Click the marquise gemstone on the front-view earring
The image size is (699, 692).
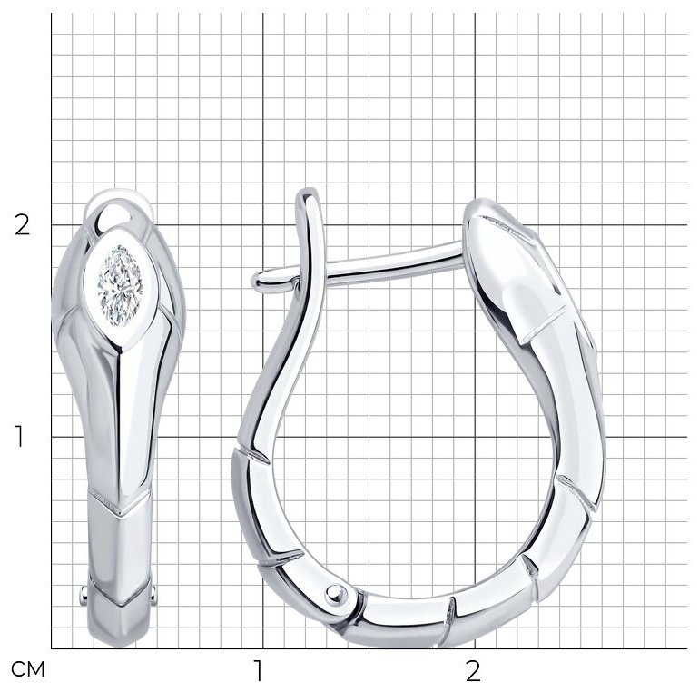120,285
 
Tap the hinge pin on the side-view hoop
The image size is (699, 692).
336,594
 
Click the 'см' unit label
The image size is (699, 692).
28,668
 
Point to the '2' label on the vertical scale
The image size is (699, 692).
23,224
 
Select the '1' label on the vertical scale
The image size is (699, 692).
19,436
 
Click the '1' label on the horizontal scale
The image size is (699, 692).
259,670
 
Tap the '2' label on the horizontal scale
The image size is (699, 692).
473,670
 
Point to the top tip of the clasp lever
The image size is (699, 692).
307,191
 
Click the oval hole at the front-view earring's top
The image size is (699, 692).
115,217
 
